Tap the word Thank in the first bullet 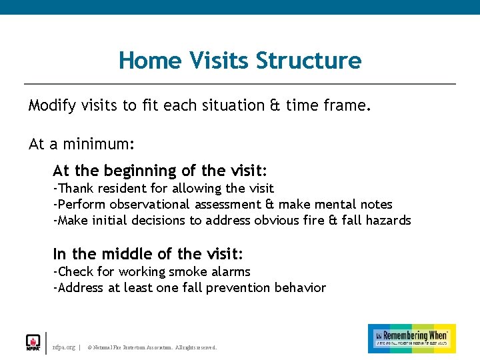(x=75, y=189)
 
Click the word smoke (x=188, y=271)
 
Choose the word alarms (x=231, y=271)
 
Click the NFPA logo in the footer (x=33, y=342)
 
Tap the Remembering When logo (x=411, y=339)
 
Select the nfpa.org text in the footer (x=64, y=347)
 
